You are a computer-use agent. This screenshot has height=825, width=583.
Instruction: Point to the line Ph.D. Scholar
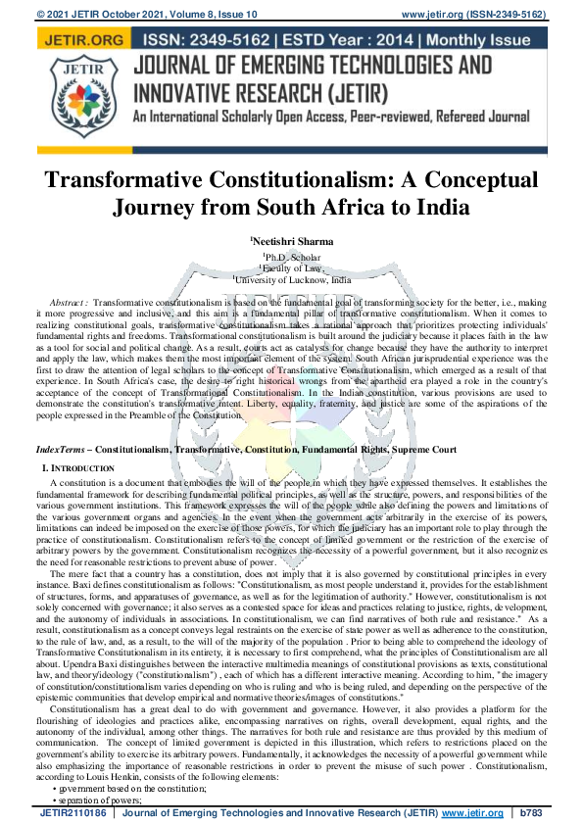click(292, 258)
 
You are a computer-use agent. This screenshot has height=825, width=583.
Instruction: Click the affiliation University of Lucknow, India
click(292, 279)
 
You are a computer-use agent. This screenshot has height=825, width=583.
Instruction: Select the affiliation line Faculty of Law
click(292, 268)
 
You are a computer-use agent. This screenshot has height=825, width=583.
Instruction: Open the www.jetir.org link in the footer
click(471, 814)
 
